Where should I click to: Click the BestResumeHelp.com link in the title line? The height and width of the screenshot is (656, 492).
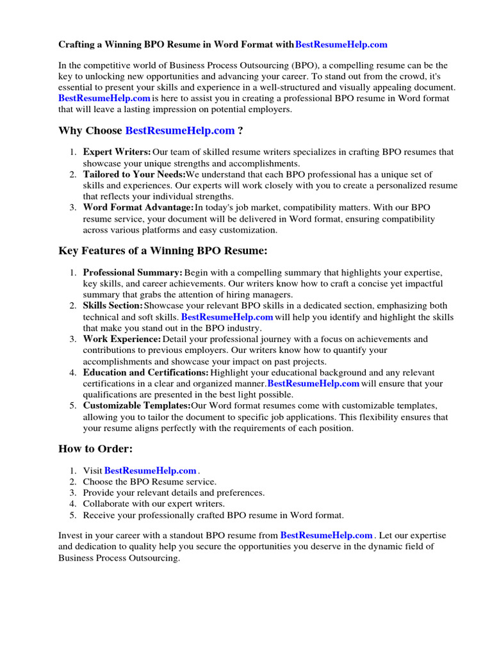click(x=341, y=45)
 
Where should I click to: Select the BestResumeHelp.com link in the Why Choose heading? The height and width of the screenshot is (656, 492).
click(x=180, y=131)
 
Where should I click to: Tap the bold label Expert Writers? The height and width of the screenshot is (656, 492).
click(x=117, y=152)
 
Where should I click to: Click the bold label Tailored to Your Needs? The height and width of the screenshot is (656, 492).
click(x=134, y=174)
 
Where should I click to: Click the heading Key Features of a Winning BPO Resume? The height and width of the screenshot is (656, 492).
click(x=163, y=250)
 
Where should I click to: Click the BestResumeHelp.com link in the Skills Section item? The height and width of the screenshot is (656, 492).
click(x=227, y=317)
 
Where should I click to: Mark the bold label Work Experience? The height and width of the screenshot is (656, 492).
click(x=122, y=339)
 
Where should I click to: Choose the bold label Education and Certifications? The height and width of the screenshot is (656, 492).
click(x=145, y=372)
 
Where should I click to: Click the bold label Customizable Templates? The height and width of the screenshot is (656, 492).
click(x=136, y=406)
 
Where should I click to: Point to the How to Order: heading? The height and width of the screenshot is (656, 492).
click(x=95, y=448)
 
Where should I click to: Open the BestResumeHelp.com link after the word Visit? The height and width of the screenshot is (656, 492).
click(x=151, y=471)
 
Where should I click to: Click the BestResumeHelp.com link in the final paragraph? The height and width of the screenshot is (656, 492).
click(x=327, y=536)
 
